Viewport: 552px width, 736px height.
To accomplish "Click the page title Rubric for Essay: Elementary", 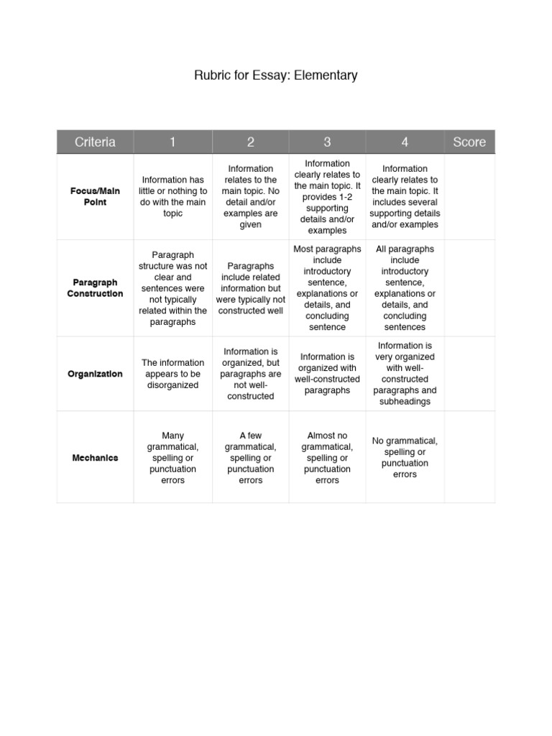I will coord(275,75).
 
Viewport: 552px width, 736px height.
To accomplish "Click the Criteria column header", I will coord(95,142).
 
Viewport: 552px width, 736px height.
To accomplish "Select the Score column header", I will coord(469,142).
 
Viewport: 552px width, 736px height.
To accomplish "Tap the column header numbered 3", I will coord(327,142).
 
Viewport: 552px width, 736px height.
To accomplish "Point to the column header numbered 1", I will coord(172,142).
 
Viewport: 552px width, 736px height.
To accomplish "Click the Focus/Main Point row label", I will coord(95,197).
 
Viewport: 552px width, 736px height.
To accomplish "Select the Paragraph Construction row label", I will coord(95,288).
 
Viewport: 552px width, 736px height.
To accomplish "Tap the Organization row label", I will coord(95,374).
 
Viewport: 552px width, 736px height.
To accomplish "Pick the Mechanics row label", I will coord(95,458).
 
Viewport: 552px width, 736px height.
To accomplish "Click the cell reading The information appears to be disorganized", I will coord(172,374).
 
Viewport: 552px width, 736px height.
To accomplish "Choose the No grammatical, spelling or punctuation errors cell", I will coord(405,458).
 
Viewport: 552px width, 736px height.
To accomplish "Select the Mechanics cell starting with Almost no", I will coord(327,458).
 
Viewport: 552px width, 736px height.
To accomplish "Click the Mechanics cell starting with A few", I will coord(250,458).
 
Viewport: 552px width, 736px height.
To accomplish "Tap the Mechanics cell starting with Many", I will coord(172,458).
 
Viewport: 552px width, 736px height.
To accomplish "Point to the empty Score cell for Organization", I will coord(469,374).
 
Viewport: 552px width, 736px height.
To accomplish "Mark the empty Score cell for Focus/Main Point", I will coord(469,197).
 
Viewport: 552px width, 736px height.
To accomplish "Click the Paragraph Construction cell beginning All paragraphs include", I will coord(405,288).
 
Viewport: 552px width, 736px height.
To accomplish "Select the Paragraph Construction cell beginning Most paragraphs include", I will coord(327,288).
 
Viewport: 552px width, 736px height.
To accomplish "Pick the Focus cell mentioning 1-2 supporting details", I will coord(327,197).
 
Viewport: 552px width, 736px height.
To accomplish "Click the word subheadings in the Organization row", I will coord(405,402).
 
